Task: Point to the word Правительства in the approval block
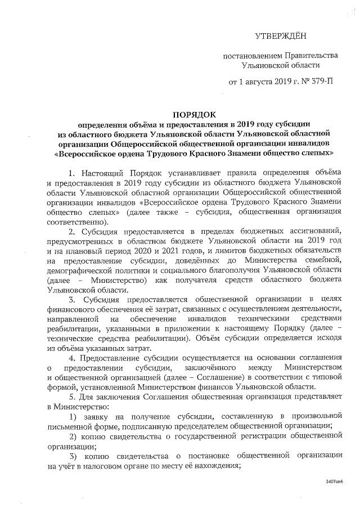click(309, 55)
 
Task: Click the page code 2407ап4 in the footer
click(334, 482)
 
